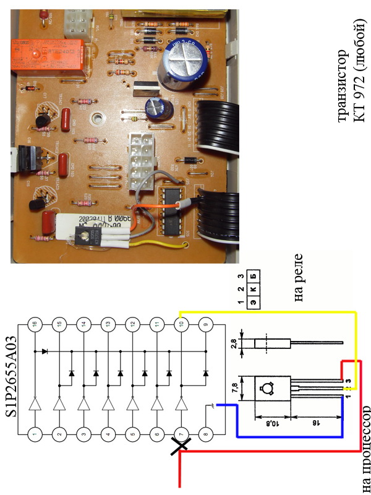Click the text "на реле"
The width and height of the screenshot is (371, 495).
(x=301, y=286)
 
